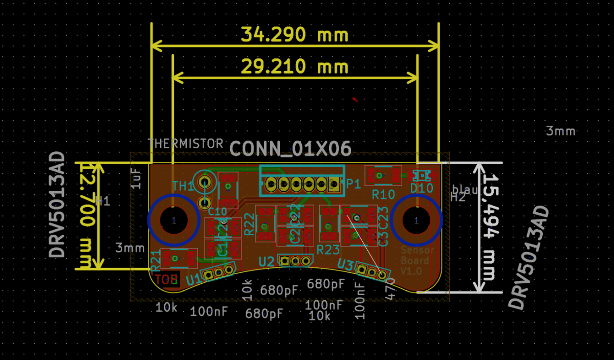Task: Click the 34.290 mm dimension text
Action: [295, 35]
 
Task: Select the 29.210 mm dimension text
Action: [295, 66]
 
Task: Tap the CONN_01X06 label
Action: [291, 149]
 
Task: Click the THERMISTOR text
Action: [186, 143]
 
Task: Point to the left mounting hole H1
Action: [173, 220]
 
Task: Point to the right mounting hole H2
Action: [416, 220]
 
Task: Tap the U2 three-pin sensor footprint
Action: [296, 260]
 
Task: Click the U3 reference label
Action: [346, 264]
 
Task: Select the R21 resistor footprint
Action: [179, 258]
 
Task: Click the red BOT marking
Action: [167, 279]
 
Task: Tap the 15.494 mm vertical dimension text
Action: [491, 228]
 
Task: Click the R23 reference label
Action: [328, 250]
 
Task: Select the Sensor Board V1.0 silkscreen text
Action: [417, 260]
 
